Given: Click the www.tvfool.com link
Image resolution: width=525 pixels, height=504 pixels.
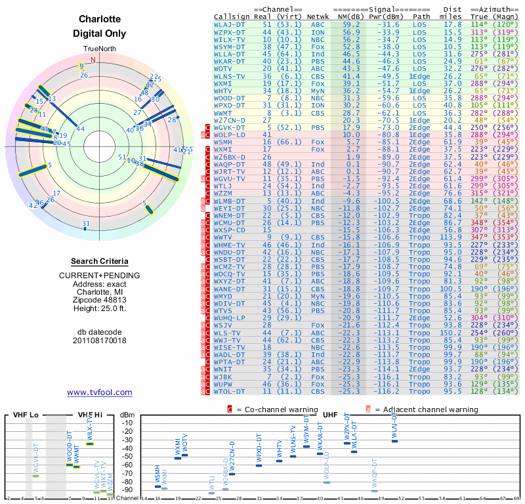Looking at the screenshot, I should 99,392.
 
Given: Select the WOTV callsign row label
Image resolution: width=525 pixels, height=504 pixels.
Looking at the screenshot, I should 224,68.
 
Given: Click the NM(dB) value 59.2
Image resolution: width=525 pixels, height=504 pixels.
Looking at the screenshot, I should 351,24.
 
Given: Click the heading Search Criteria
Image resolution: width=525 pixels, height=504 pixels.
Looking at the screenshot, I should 99,261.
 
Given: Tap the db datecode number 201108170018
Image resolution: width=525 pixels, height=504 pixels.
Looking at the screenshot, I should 99,341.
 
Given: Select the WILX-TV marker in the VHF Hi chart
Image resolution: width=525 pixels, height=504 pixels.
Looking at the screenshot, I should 90,444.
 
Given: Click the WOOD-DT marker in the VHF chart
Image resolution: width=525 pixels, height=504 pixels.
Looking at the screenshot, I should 70,465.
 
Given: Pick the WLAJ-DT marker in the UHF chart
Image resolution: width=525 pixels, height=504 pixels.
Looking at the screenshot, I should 394,441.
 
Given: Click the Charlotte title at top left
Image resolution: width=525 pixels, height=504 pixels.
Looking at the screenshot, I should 99,20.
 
